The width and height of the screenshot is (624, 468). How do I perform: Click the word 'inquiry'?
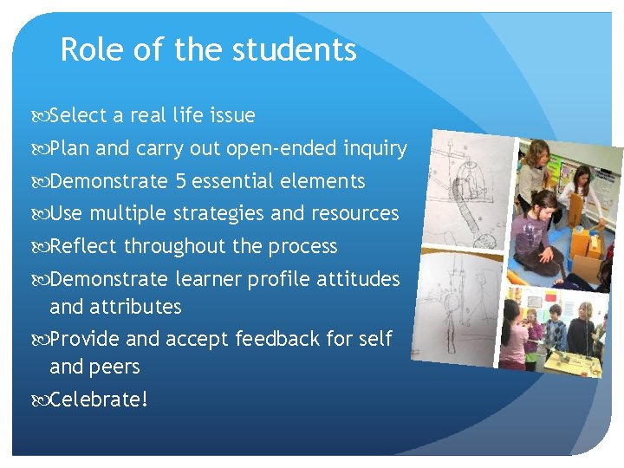[374, 149]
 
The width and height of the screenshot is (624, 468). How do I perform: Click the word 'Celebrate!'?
[99, 400]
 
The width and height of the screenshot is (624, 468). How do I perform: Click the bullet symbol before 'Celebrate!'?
[42, 400]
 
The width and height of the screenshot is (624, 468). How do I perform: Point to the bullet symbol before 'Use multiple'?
[42, 214]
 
